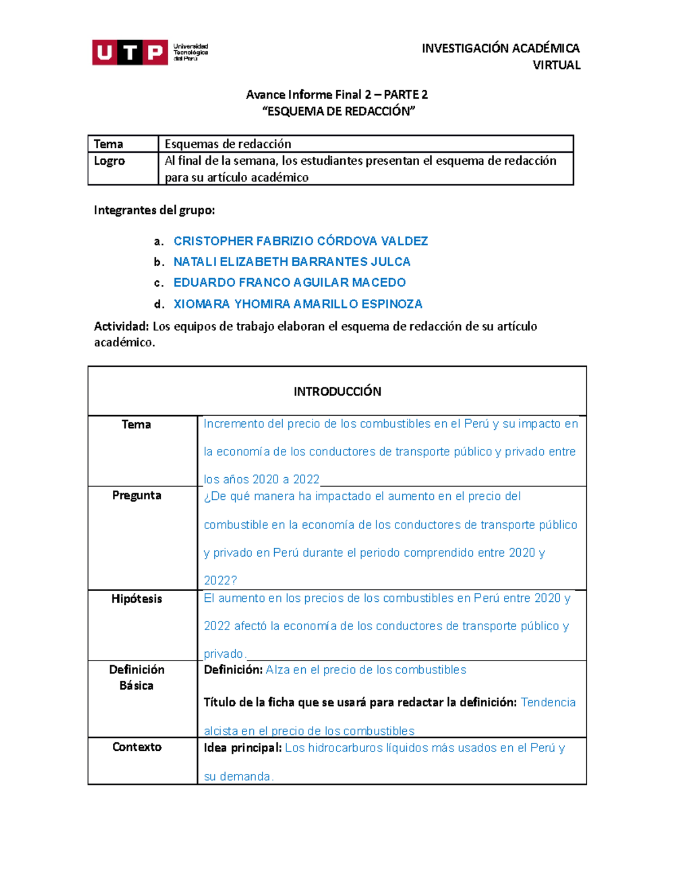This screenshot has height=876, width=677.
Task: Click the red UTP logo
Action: pos(130,52)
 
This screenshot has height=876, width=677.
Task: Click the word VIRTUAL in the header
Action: pos(556,65)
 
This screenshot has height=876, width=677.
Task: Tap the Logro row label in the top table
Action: pos(109,161)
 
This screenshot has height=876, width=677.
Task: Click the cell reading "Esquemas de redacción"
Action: pos(228,144)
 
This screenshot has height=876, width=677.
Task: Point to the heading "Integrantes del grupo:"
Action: pos(154,210)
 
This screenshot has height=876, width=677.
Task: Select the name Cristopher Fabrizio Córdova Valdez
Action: pos(301,241)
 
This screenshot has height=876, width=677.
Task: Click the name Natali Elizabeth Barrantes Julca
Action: pos(292,262)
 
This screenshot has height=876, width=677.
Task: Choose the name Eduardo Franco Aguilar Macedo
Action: pos(289,283)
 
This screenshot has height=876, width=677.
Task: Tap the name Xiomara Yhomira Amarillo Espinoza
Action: pos(298,304)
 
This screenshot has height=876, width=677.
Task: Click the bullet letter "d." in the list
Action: pos(159,305)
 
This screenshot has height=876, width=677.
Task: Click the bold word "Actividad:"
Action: pos(121,327)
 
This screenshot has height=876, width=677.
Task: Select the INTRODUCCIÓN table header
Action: pos(337,391)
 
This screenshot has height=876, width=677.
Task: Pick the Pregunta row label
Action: pos(137,495)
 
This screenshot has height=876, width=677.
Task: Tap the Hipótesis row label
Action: pos(137,599)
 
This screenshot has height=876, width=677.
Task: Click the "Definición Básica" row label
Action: pos(137,677)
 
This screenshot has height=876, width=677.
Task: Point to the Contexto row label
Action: pos(137,747)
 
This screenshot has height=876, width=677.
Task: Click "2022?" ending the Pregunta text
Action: pos(220,580)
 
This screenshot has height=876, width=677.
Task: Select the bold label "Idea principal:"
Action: pos(243,748)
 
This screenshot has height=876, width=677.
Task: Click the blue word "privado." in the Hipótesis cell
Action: pos(224,654)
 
